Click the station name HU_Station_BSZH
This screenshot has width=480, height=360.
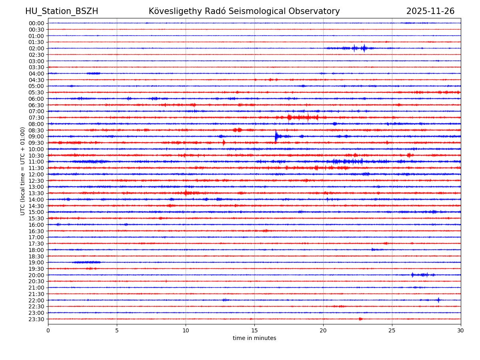[62, 11]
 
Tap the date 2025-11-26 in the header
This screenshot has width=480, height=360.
[430, 11]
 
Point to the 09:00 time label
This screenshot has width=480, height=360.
[36, 136]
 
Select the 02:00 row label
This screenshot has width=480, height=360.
[36, 48]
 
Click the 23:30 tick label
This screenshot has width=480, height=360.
[36, 319]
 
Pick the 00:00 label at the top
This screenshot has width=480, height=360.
[36, 23]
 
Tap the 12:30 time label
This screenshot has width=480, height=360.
[36, 181]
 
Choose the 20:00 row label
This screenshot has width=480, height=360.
[36, 275]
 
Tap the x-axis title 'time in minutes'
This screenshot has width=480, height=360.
[254, 338]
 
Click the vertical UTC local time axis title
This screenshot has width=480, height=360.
[23, 171]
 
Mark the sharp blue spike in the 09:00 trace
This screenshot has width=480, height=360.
[276, 136]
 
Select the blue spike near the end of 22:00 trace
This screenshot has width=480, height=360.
[438, 300]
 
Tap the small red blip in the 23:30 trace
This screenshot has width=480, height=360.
[360, 319]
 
